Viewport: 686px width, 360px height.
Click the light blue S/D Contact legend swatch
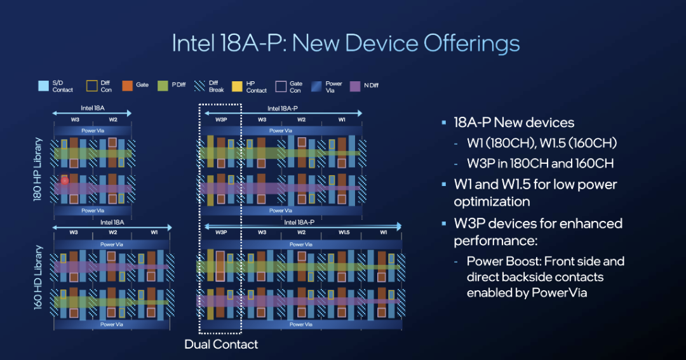click(x=43, y=86)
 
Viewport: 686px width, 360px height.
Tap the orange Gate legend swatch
click(x=127, y=86)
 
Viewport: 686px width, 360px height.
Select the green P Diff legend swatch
click(x=163, y=86)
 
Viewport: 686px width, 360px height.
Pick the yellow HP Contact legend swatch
click(x=237, y=86)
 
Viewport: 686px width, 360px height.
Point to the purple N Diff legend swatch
click(x=355, y=86)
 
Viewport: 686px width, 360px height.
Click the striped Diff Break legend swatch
click(x=199, y=86)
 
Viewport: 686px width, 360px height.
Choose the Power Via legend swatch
click(x=316, y=86)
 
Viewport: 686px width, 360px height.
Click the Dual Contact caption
click(x=221, y=344)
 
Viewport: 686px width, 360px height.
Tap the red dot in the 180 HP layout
click(x=65, y=180)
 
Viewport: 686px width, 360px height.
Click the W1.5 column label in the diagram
click(x=344, y=232)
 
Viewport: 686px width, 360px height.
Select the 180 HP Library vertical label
click(x=38, y=170)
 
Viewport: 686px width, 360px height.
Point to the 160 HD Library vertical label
click(x=38, y=277)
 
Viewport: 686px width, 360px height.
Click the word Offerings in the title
click(x=471, y=44)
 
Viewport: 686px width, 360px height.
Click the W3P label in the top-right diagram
click(x=221, y=119)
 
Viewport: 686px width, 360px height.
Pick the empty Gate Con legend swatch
click(x=281, y=86)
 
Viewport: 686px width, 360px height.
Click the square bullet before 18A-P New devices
click(x=444, y=123)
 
